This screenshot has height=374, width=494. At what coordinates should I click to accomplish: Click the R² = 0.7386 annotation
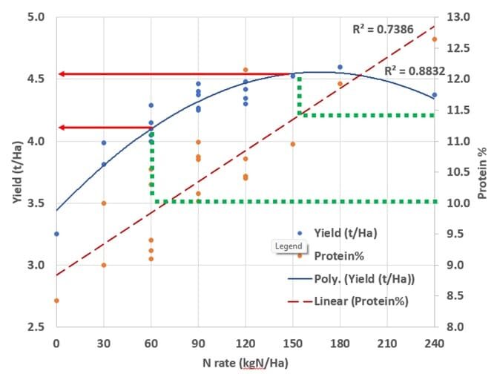click(383, 29)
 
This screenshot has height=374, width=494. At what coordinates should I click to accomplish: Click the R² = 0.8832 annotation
click(415, 71)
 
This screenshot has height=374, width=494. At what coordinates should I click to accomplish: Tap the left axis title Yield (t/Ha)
click(18, 173)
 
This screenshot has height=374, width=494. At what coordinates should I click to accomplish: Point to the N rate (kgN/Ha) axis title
click(246, 363)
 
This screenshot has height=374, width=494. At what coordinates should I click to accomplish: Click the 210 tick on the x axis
click(387, 343)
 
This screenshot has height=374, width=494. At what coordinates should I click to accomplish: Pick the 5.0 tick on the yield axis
click(36, 17)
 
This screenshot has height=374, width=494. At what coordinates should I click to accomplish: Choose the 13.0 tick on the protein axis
click(458, 17)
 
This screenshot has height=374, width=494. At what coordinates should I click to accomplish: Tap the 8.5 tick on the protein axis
click(455, 295)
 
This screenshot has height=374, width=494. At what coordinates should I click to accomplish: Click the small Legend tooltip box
click(289, 246)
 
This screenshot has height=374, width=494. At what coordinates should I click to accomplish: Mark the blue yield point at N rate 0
click(56, 234)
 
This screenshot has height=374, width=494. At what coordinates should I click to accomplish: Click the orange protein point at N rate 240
click(435, 39)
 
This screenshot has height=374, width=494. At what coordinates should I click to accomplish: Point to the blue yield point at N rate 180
click(340, 67)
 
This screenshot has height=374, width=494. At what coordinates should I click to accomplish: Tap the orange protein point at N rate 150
click(293, 144)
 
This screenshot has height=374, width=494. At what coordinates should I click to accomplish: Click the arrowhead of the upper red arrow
click(62, 74)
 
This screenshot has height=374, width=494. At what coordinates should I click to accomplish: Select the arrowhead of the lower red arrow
click(62, 128)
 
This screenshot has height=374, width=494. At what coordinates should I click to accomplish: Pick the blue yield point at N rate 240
click(435, 95)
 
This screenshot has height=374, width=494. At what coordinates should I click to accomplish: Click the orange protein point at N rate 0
click(56, 301)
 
